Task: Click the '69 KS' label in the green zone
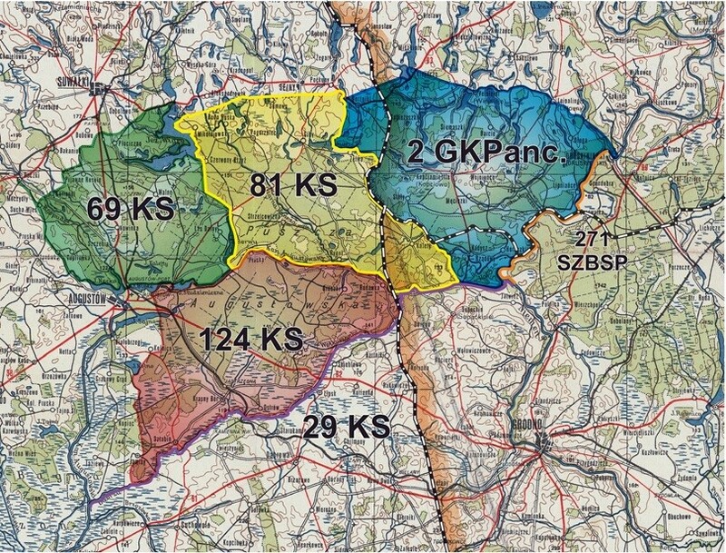click(131, 208)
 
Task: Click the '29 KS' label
click(347, 425)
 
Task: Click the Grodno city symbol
click(545, 445)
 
